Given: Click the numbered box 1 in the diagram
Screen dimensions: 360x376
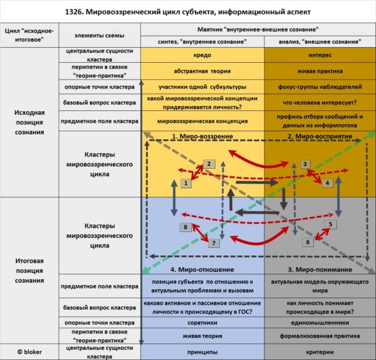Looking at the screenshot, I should tap(185, 183).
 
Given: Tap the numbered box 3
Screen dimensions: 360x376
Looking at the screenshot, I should tap(305, 164).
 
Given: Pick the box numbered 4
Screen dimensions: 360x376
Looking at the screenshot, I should tap(326, 183).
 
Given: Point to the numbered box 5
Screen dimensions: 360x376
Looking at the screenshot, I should tap(332, 224).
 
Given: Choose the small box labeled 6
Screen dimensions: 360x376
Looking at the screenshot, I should tap(308, 241).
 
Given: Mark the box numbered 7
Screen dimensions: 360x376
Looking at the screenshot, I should tap(213, 243).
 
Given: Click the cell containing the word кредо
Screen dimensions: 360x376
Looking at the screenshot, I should tap(202, 55).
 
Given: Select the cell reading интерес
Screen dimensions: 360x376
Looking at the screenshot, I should tap(319, 55).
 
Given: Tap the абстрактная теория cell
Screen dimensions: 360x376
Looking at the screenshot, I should tap(202, 70).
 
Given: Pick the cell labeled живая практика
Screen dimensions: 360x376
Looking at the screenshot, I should tap(319, 70).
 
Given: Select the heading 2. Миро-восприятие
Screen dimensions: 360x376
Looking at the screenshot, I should tap(319, 136).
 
